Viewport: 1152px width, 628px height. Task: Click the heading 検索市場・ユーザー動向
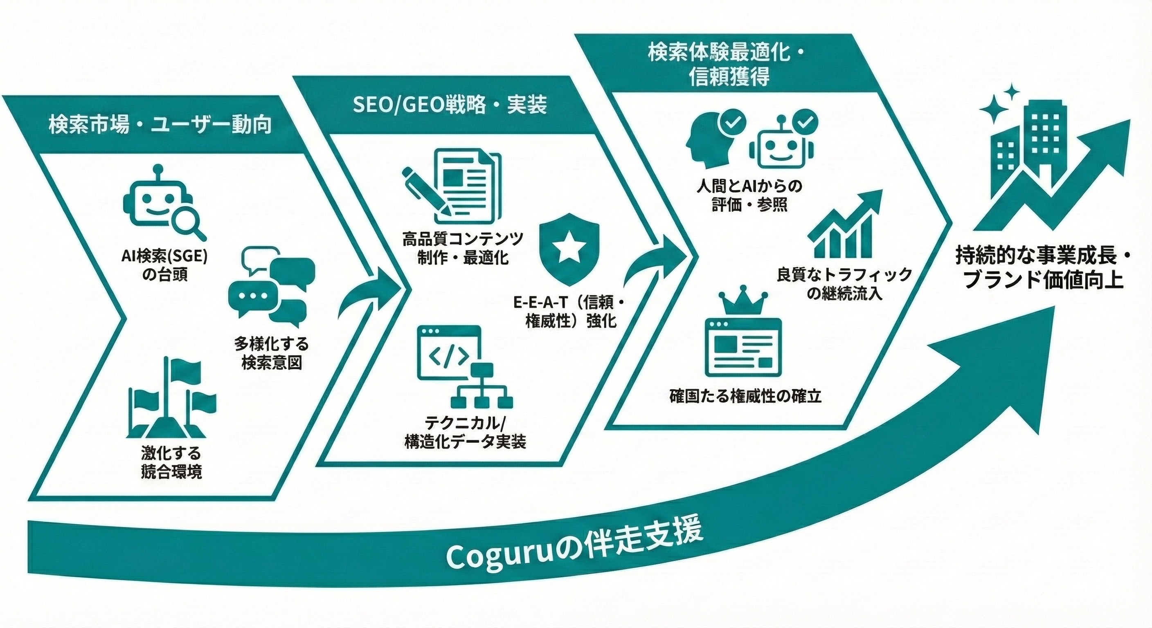click(160, 125)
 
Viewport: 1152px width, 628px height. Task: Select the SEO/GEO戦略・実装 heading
click(450, 105)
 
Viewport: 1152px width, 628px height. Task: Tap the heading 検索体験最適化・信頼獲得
click(729, 65)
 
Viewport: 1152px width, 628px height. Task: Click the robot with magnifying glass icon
click(163, 203)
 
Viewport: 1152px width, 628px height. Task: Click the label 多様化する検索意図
click(272, 353)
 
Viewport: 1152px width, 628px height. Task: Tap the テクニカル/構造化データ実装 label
click(465, 432)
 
